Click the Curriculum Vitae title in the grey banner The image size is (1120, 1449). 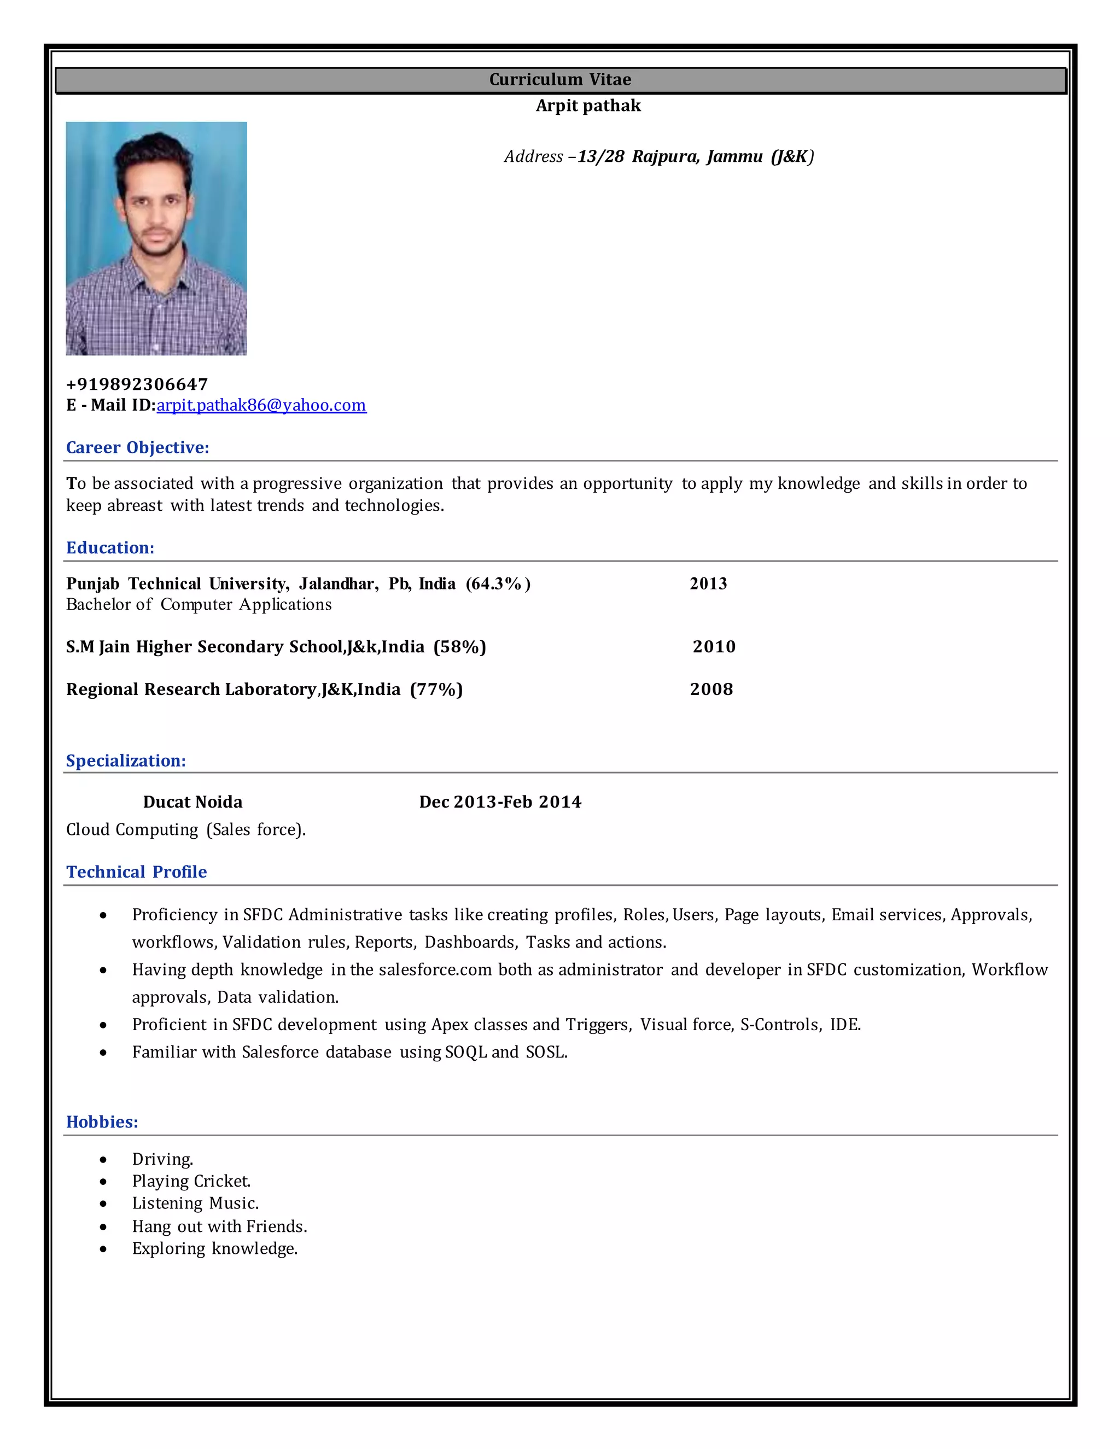560,80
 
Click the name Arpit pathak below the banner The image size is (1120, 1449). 588,106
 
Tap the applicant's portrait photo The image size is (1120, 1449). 156,238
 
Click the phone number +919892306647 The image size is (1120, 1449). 137,384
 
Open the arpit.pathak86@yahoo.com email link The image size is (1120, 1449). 261,405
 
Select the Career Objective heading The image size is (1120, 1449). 137,447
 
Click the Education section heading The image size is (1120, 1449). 110,547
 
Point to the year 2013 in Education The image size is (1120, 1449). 708,583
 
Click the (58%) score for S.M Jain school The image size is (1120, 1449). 460,646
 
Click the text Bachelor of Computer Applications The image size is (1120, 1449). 199,604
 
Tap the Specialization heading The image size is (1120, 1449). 125,761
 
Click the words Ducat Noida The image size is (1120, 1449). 192,802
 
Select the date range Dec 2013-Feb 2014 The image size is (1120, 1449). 500,802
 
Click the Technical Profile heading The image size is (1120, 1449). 136,871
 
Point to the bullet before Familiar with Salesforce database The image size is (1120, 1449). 103,1052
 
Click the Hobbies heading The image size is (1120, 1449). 102,1121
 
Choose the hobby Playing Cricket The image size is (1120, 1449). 191,1181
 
